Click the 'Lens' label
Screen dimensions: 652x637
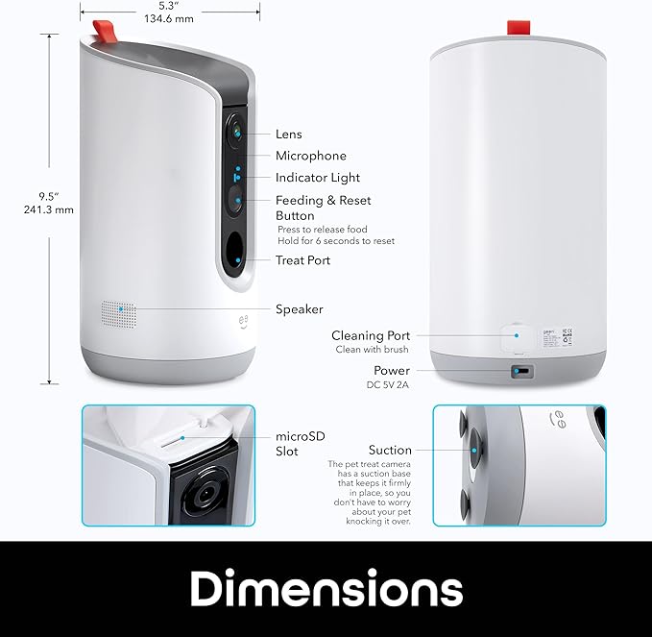click(x=289, y=134)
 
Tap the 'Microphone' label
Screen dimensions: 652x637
click(x=311, y=156)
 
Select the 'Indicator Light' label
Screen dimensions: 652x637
click(x=318, y=178)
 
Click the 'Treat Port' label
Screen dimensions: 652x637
click(x=302, y=260)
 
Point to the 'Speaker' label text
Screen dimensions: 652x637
click(x=300, y=309)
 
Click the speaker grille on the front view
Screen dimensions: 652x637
click(x=119, y=314)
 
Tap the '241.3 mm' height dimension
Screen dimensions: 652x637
click(x=49, y=209)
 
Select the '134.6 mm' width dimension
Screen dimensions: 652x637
click(x=169, y=18)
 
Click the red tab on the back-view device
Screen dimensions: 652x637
click(x=519, y=28)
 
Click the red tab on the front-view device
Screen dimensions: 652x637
click(x=105, y=32)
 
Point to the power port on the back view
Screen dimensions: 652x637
click(x=521, y=371)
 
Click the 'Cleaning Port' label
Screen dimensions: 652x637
click(x=371, y=335)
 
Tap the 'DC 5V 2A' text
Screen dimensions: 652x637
click(x=388, y=385)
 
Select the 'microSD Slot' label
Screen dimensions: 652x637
click(x=301, y=444)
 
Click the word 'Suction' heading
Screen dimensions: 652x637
click(x=390, y=450)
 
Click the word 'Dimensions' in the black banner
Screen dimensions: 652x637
click(x=326, y=588)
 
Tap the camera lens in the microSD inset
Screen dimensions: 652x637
click(x=205, y=495)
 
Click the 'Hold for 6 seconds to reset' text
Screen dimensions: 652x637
click(x=336, y=241)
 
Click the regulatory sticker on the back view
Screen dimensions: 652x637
click(x=557, y=337)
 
